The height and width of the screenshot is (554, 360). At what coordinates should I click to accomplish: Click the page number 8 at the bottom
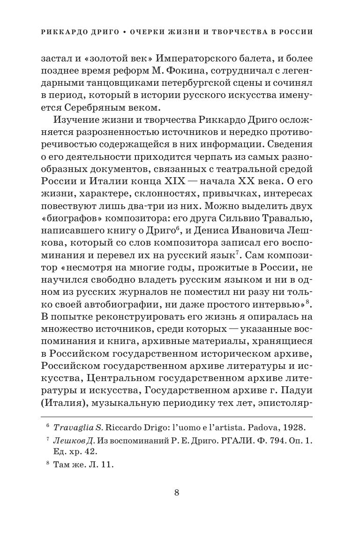point(177,492)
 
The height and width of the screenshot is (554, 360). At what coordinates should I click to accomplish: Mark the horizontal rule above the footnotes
point(177,416)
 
